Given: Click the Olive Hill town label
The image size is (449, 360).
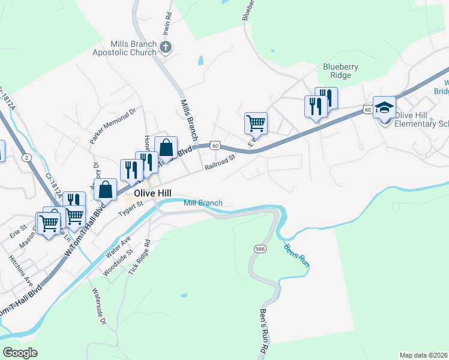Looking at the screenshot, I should point(153,193).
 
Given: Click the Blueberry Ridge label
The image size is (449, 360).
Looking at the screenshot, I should point(341,71).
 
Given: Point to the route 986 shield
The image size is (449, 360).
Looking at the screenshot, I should point(259,248).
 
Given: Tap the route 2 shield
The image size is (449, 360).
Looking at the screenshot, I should point(26,157).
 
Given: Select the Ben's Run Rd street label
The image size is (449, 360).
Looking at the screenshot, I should point(264,331).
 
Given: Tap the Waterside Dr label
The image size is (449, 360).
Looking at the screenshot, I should point(98,306).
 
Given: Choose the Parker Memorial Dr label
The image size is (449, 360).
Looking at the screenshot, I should point(113,125).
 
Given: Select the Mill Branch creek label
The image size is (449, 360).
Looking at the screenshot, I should point(203,203).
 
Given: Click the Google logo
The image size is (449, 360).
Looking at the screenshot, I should point(20,353).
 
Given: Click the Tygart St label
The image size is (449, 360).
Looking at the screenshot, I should point(129,208).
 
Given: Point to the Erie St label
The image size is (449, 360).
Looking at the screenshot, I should point(23,230).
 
